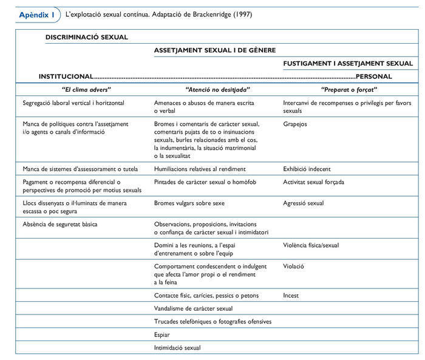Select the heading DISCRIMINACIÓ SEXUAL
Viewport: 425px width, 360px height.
(87, 37)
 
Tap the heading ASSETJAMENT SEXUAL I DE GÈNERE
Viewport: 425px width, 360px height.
(215, 50)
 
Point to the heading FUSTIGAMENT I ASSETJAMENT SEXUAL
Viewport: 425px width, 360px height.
(348, 63)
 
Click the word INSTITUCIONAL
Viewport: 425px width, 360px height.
(66, 77)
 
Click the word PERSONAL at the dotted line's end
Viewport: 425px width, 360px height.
(373, 77)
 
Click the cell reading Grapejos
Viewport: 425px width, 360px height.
(295, 124)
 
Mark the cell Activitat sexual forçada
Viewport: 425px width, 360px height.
(313, 182)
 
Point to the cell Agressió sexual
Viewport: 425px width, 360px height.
(304, 203)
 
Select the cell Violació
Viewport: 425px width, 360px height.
(294, 266)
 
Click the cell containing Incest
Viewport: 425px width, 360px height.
(292, 296)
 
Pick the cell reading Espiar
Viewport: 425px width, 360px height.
(162, 335)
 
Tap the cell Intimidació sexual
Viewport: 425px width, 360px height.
(177, 348)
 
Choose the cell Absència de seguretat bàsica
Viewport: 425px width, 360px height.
(59, 225)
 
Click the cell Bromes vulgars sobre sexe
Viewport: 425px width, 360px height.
(189, 203)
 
